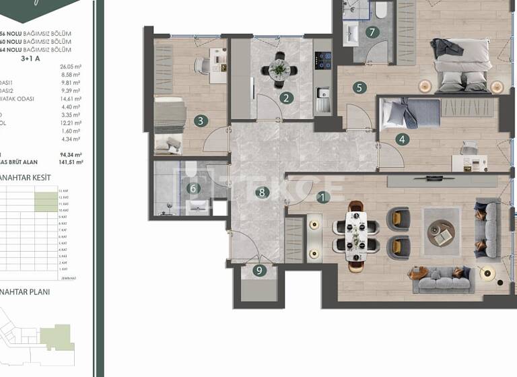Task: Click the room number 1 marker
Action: (324, 197)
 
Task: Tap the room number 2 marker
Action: (287, 98)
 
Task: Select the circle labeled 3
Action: (200, 121)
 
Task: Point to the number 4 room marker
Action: (403, 140)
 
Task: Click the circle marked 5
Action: (360, 87)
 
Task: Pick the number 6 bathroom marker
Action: (193, 188)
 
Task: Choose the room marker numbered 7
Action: (371, 32)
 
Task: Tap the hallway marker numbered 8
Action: (261, 193)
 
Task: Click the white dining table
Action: (356, 236)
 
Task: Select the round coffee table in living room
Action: (441, 232)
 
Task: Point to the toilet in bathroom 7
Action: (382, 9)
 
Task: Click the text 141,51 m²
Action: (71, 162)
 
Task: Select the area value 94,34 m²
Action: (71, 154)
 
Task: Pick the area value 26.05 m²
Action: (71, 67)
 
